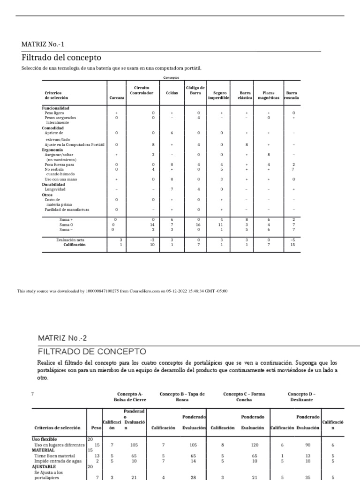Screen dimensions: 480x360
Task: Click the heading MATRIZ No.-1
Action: point(43,45)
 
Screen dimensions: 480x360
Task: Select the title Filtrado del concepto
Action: point(61,58)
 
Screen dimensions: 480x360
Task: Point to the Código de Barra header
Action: point(195,90)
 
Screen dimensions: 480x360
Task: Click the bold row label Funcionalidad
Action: point(56,108)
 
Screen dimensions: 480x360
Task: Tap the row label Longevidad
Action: point(55,189)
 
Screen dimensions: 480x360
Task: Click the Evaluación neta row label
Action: point(70,240)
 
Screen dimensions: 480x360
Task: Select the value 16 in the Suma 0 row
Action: point(199,225)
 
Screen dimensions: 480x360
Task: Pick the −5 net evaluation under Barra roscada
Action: point(292,240)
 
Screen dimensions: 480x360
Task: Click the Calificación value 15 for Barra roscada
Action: point(292,244)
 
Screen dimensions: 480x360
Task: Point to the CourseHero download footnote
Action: point(122,291)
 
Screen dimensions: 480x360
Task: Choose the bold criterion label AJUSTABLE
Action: point(44,467)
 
